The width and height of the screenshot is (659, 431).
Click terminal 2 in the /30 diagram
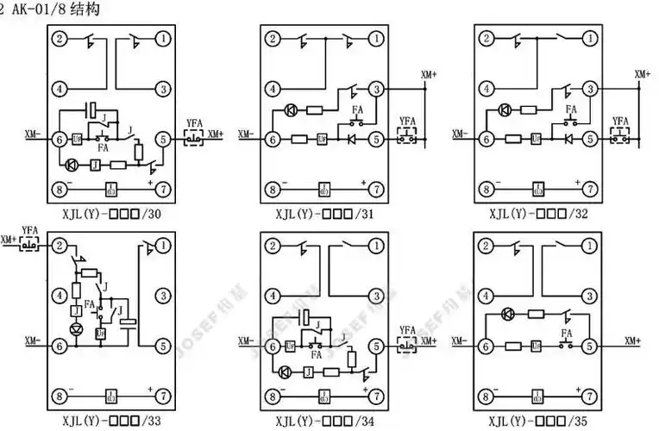point(60,40)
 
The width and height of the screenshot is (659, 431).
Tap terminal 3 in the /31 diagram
point(376,88)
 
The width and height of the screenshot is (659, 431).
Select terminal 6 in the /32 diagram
point(488,138)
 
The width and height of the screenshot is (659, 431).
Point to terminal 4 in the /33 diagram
point(60,296)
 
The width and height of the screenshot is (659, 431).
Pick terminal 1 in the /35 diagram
point(590,247)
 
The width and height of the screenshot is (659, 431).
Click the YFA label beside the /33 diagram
point(31,229)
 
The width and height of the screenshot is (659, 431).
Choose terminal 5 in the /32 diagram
point(590,138)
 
